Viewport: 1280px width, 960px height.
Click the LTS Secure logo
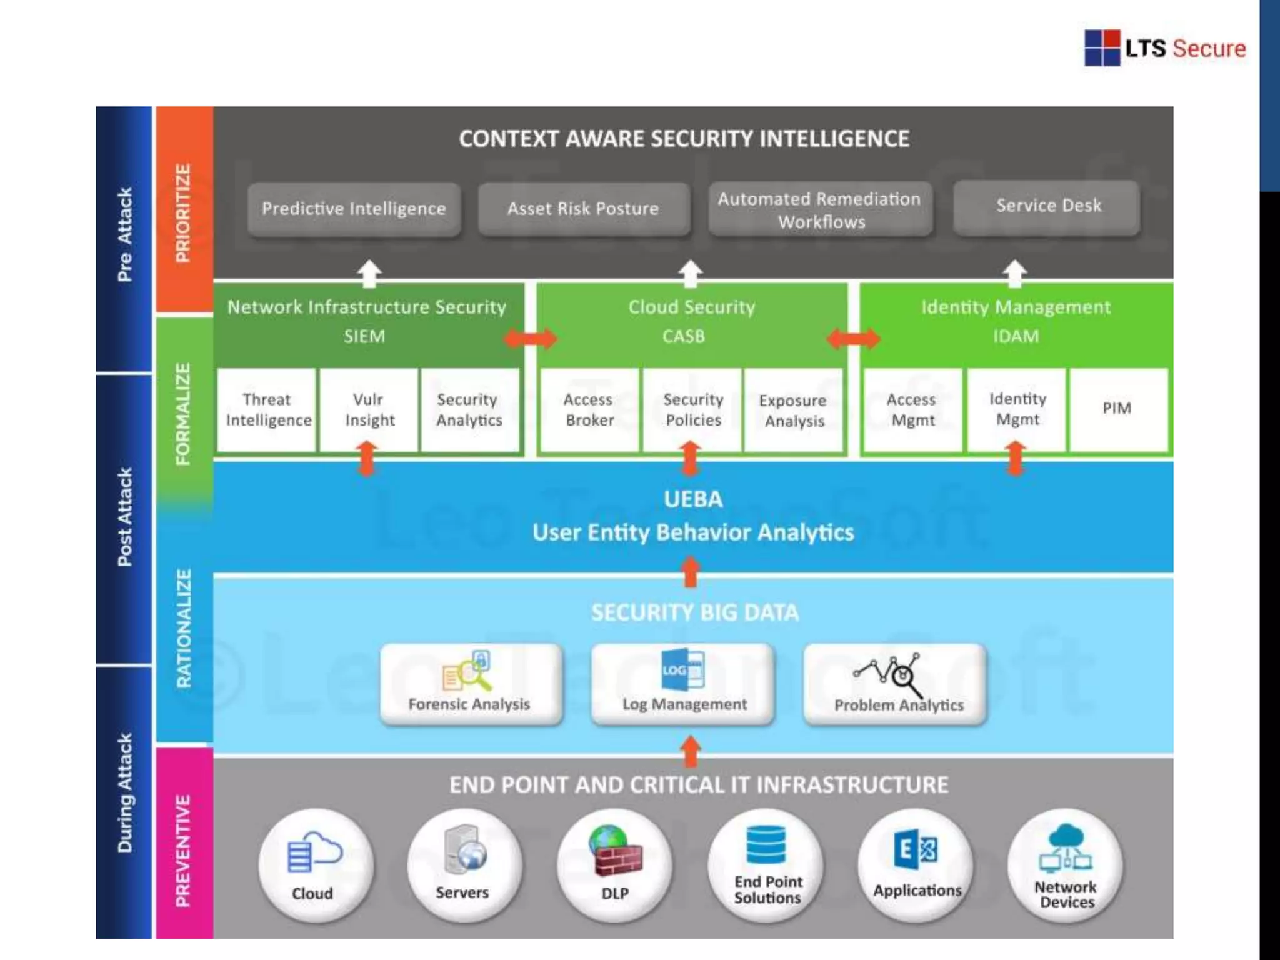click(x=1164, y=48)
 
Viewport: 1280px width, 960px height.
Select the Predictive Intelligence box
click(x=354, y=209)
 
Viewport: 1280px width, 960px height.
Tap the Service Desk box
click(x=1048, y=206)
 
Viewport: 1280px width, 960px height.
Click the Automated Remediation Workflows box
click(x=820, y=210)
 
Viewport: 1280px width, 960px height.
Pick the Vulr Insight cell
click(x=369, y=410)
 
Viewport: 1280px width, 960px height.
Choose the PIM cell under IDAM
click(x=1117, y=409)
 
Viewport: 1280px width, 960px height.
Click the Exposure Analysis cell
click(x=793, y=411)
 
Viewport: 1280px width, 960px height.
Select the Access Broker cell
click(x=589, y=410)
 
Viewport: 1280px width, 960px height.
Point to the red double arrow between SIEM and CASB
click(x=530, y=339)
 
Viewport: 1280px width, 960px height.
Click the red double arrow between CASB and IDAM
click(x=853, y=339)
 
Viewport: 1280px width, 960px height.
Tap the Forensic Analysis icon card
click(x=470, y=684)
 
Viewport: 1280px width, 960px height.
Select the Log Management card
click(x=683, y=684)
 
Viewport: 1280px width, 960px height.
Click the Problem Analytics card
click(x=896, y=684)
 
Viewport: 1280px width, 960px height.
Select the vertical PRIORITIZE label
click(x=183, y=212)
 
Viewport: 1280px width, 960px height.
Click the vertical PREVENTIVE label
click(x=183, y=850)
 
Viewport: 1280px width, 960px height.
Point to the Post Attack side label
click(x=125, y=517)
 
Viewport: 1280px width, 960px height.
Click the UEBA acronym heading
click(x=693, y=499)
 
